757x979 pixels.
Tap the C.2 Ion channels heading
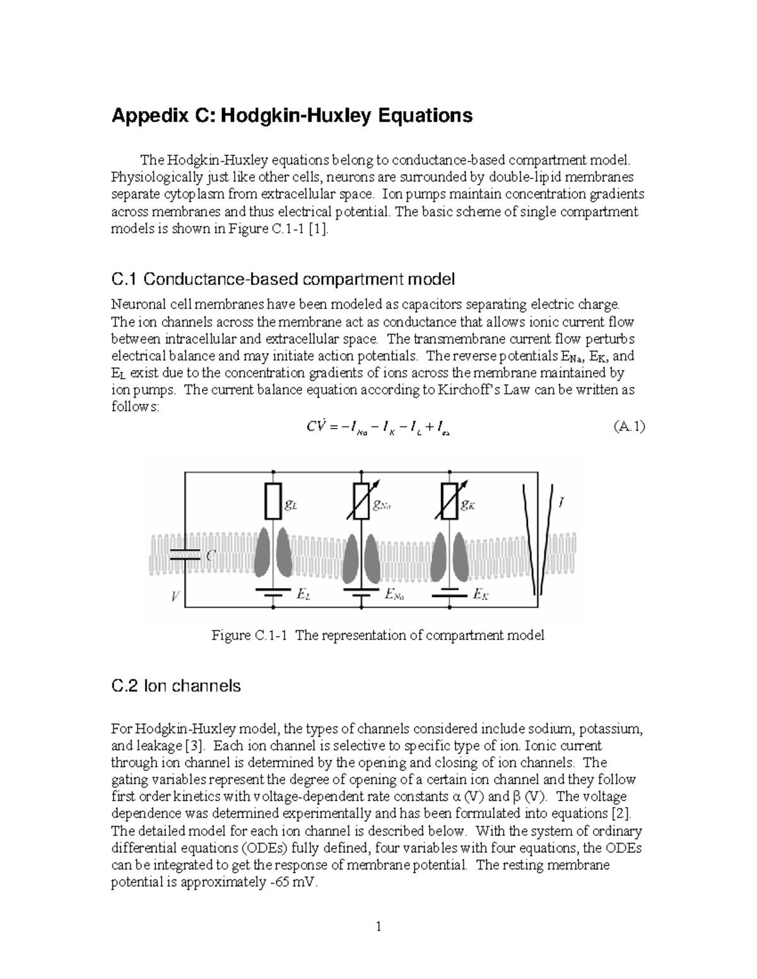pyautogui.click(x=176, y=686)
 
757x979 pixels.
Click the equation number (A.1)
pyautogui.click(x=629, y=427)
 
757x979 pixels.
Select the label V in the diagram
pyautogui.click(x=175, y=596)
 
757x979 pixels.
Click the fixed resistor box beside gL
pyautogui.click(x=273, y=502)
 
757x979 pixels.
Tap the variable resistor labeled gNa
pyautogui.click(x=361, y=502)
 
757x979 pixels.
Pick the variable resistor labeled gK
pyautogui.click(x=449, y=502)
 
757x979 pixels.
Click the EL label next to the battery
pyautogui.click(x=303, y=595)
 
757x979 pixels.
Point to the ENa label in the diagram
pyautogui.click(x=394, y=595)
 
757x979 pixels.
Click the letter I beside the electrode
pyautogui.click(x=561, y=502)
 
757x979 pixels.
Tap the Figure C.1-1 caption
pyautogui.click(x=377, y=635)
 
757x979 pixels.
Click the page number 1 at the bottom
pyautogui.click(x=378, y=927)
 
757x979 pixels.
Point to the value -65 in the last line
pyautogui.click(x=276, y=883)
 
